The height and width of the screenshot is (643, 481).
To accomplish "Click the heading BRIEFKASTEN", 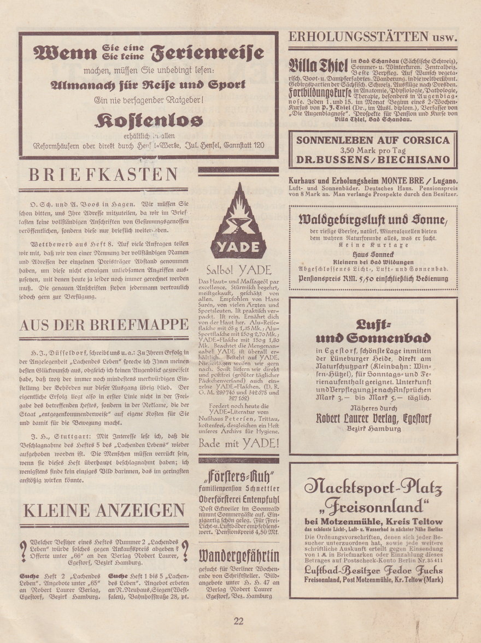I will click(x=103, y=175).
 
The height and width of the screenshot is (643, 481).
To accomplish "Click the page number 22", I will click(x=238, y=621).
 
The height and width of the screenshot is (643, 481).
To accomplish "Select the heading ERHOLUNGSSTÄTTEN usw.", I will click(x=372, y=37).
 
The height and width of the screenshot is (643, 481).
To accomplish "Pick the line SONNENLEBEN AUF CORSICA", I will click(x=373, y=140).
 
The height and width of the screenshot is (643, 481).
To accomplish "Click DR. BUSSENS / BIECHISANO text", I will click(x=373, y=160).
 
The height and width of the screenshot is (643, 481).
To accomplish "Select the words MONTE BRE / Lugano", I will click(x=421, y=180).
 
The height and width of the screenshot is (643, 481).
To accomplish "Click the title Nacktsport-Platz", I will click(x=373, y=485).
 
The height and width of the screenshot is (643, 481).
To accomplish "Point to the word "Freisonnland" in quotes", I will click(x=373, y=506).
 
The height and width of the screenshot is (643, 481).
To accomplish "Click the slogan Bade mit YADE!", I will click(x=238, y=443).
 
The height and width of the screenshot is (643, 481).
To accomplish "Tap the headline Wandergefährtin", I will click(x=238, y=556).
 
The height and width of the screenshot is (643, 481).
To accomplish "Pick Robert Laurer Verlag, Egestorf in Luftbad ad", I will click(x=373, y=418).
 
